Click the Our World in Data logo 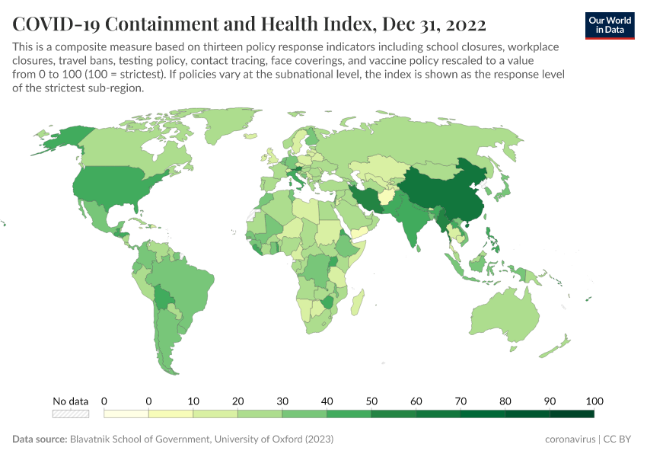pyautogui.click(x=609, y=25)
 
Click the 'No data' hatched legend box pyautogui.click(x=70, y=414)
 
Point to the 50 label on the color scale pyautogui.click(x=371, y=401)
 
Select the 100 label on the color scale pyautogui.click(x=594, y=401)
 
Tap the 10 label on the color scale pyautogui.click(x=193, y=401)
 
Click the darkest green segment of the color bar pyautogui.click(x=572, y=414)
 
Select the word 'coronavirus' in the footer pyautogui.click(x=571, y=439)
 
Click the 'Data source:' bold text pyautogui.click(x=40, y=439)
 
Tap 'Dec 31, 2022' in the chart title pyautogui.click(x=432, y=24)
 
